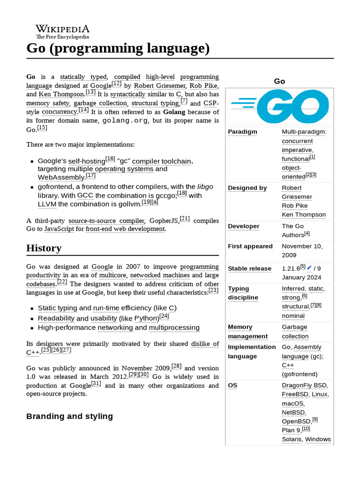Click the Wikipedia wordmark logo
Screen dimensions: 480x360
62,31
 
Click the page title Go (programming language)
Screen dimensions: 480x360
118,48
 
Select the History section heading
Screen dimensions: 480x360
44,248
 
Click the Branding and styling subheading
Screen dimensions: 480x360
69,416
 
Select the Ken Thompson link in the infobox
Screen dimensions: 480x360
303,215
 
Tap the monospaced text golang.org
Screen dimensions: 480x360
125,120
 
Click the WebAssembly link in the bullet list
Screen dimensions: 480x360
61,178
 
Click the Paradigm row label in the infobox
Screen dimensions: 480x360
242,132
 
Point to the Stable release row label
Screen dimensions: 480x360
249,269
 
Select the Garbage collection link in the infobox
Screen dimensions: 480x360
294,331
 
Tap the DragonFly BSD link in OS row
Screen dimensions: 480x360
304,385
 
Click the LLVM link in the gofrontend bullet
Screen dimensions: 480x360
47,204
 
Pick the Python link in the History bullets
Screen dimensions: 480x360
146,318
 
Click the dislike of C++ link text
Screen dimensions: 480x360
205,344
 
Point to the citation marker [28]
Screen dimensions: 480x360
177,366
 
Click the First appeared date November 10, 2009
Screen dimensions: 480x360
302,250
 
